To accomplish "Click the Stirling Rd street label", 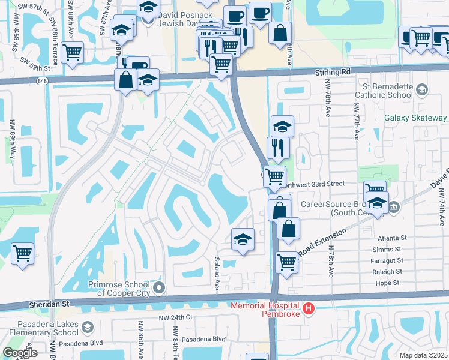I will click(x=333, y=71).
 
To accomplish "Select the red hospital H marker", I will click(x=309, y=309).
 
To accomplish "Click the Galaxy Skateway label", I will click(x=415, y=118).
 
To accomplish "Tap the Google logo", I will click(x=20, y=353).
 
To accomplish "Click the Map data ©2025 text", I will click(x=423, y=355).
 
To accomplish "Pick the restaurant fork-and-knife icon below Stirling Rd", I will click(x=278, y=147).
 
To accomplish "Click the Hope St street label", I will click(x=387, y=282).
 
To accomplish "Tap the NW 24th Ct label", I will click(x=175, y=317).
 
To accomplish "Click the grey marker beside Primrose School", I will click(x=159, y=289).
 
